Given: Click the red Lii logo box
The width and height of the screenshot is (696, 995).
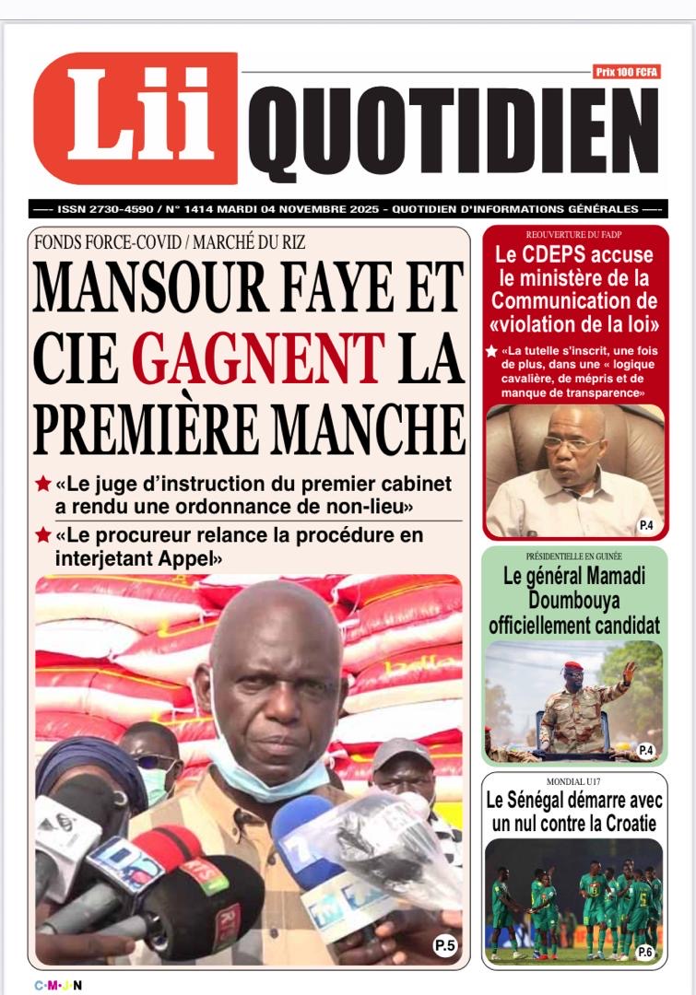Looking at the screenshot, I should coord(135,117).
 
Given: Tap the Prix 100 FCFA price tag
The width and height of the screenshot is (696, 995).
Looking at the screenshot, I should coord(627,72).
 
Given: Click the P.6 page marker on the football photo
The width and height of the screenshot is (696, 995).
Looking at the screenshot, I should coord(645,952).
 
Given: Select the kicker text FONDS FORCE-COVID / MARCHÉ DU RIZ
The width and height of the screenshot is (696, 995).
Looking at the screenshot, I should coord(169,243).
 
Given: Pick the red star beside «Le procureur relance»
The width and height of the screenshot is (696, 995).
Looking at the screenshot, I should coord(42,535).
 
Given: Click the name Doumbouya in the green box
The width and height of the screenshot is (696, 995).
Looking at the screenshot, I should coord(574,601).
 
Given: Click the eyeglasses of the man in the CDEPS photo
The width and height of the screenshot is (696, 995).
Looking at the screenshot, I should coord(570,443).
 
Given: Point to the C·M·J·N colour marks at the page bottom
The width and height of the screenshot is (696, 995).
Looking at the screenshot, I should coord(58,985).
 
